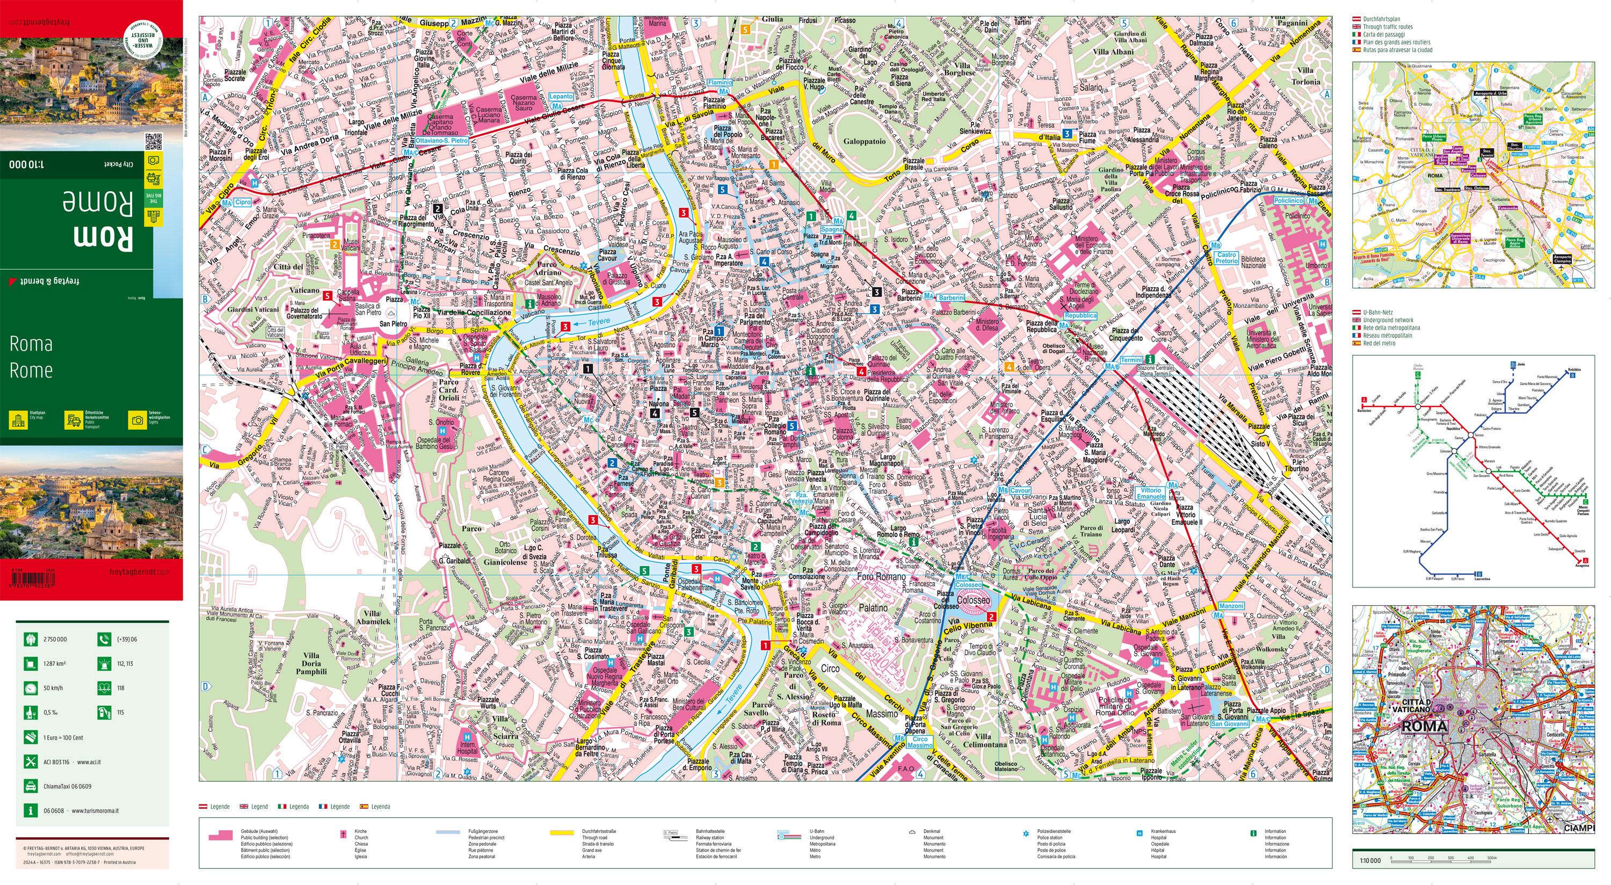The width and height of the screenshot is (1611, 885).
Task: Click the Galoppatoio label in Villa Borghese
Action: click(x=863, y=141)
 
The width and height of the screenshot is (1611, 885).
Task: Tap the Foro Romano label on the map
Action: click(x=881, y=577)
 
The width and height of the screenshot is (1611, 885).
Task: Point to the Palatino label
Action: click(x=873, y=607)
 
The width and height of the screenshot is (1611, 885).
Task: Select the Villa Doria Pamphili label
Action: click(x=311, y=664)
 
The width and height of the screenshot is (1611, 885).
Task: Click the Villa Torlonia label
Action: click(x=1306, y=76)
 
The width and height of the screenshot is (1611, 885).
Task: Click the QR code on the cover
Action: click(x=153, y=142)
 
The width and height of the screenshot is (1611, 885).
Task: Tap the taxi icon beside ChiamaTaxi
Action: click(x=30, y=786)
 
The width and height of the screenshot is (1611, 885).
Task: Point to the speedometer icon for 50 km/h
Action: click(x=30, y=688)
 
